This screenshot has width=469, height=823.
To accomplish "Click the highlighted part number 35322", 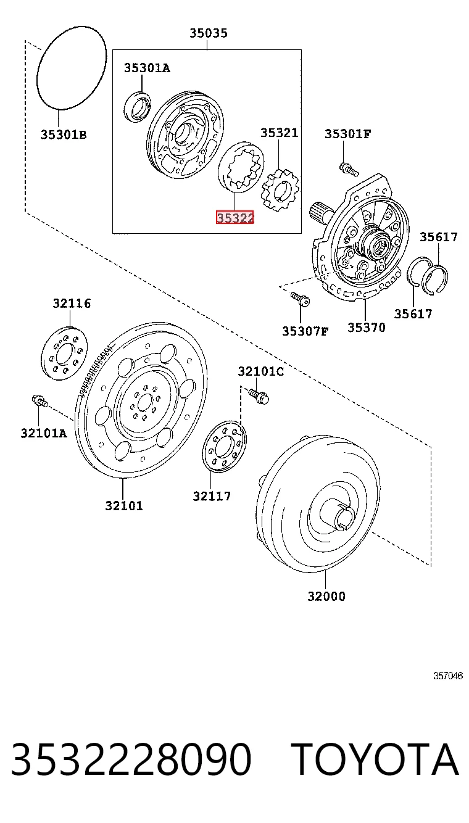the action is point(235,218).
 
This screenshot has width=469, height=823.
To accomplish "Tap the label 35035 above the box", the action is point(209,33).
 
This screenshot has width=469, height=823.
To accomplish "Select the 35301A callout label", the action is point(147,68).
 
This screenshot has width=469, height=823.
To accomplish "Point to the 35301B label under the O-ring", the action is point(63,134).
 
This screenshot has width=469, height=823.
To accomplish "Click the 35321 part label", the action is point(280,133).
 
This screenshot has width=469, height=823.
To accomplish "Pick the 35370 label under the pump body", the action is point(367,327).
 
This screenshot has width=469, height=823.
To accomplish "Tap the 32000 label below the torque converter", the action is point(326,596).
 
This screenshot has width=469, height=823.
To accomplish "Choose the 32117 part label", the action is point(212,497).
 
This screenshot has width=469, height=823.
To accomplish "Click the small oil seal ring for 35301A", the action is point(137,107).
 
